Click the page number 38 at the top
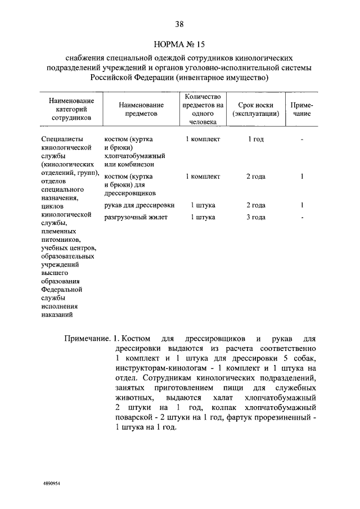179,24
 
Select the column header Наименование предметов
141,109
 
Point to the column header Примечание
301,109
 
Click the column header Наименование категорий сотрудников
71,109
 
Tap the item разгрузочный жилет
136,217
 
